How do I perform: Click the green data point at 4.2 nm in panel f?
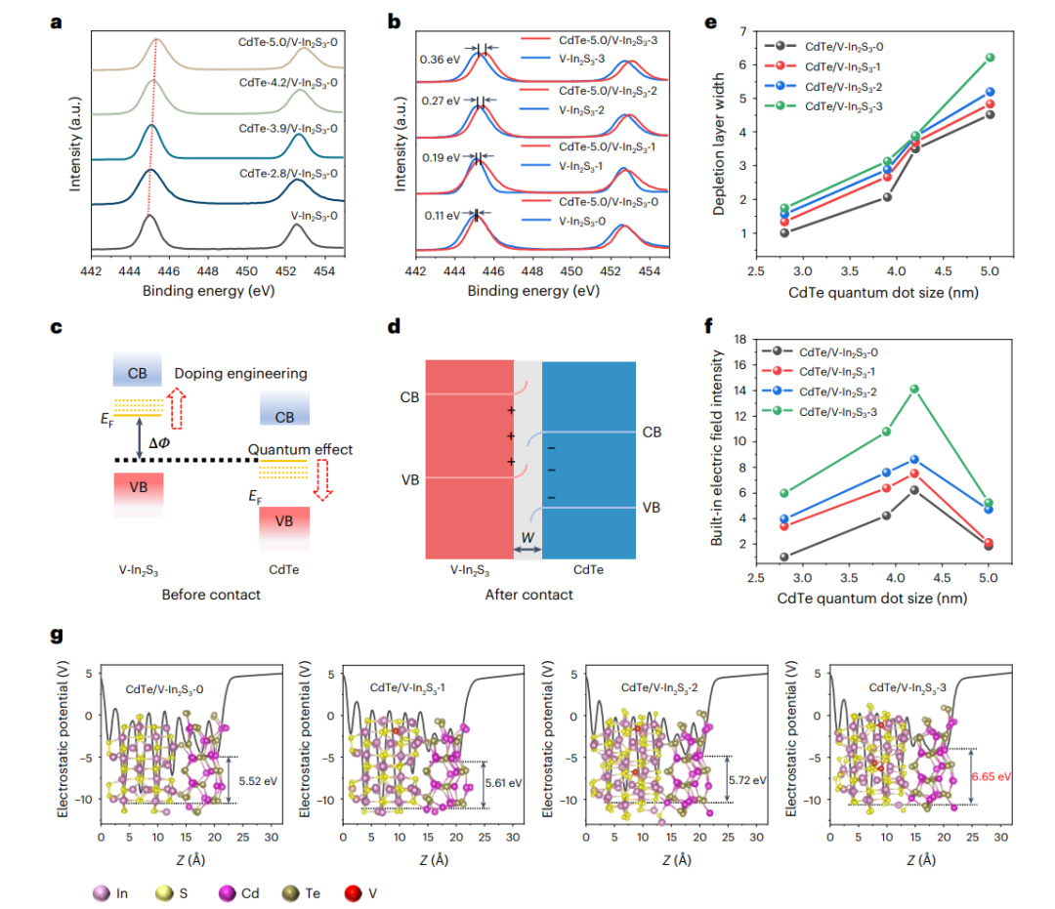[x=914, y=389]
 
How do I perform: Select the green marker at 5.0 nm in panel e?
[x=990, y=58]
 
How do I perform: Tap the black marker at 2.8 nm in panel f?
[x=783, y=557]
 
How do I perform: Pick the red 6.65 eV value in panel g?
[x=990, y=777]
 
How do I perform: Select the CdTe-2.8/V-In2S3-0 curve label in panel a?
[x=288, y=173]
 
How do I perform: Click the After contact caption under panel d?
[x=528, y=594]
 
